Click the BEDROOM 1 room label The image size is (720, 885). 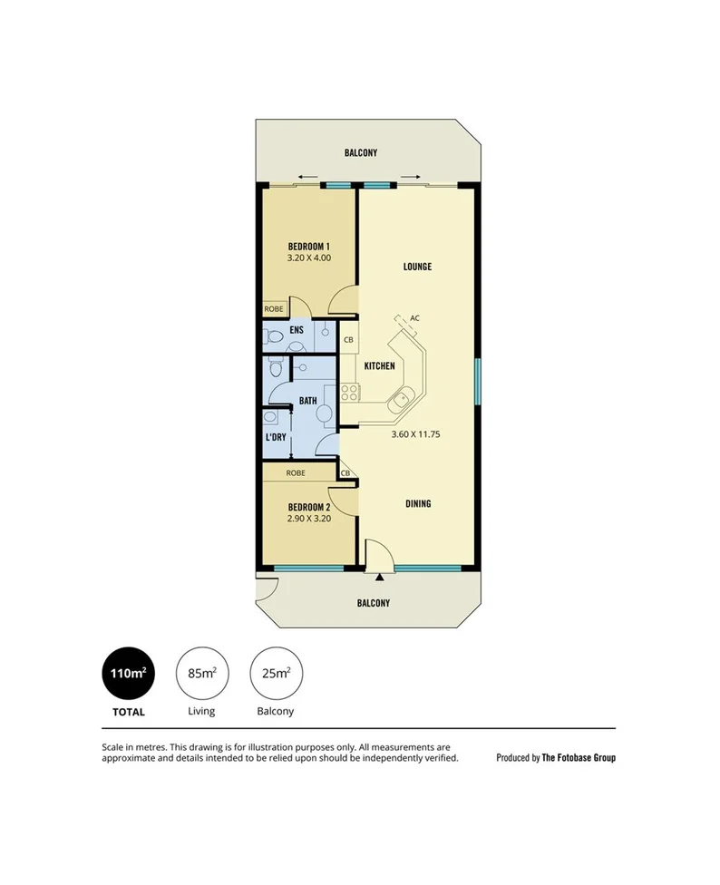point(308,247)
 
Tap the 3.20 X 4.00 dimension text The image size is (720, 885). point(308,258)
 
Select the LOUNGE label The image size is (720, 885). point(417,267)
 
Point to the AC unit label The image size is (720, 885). point(414,318)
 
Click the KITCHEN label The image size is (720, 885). point(379,365)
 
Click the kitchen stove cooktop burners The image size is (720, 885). point(349,393)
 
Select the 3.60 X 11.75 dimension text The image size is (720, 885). point(414,434)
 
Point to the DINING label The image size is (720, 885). point(418,504)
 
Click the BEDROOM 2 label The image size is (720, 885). point(308,507)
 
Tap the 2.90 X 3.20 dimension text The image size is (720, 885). point(308,519)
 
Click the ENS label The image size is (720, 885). point(296,330)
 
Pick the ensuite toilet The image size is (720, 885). point(275,339)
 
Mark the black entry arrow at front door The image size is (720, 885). point(379,575)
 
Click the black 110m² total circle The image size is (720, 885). point(128,673)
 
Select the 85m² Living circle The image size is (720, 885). point(201,673)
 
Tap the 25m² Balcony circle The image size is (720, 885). point(276,673)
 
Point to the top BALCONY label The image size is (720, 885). point(361,153)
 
